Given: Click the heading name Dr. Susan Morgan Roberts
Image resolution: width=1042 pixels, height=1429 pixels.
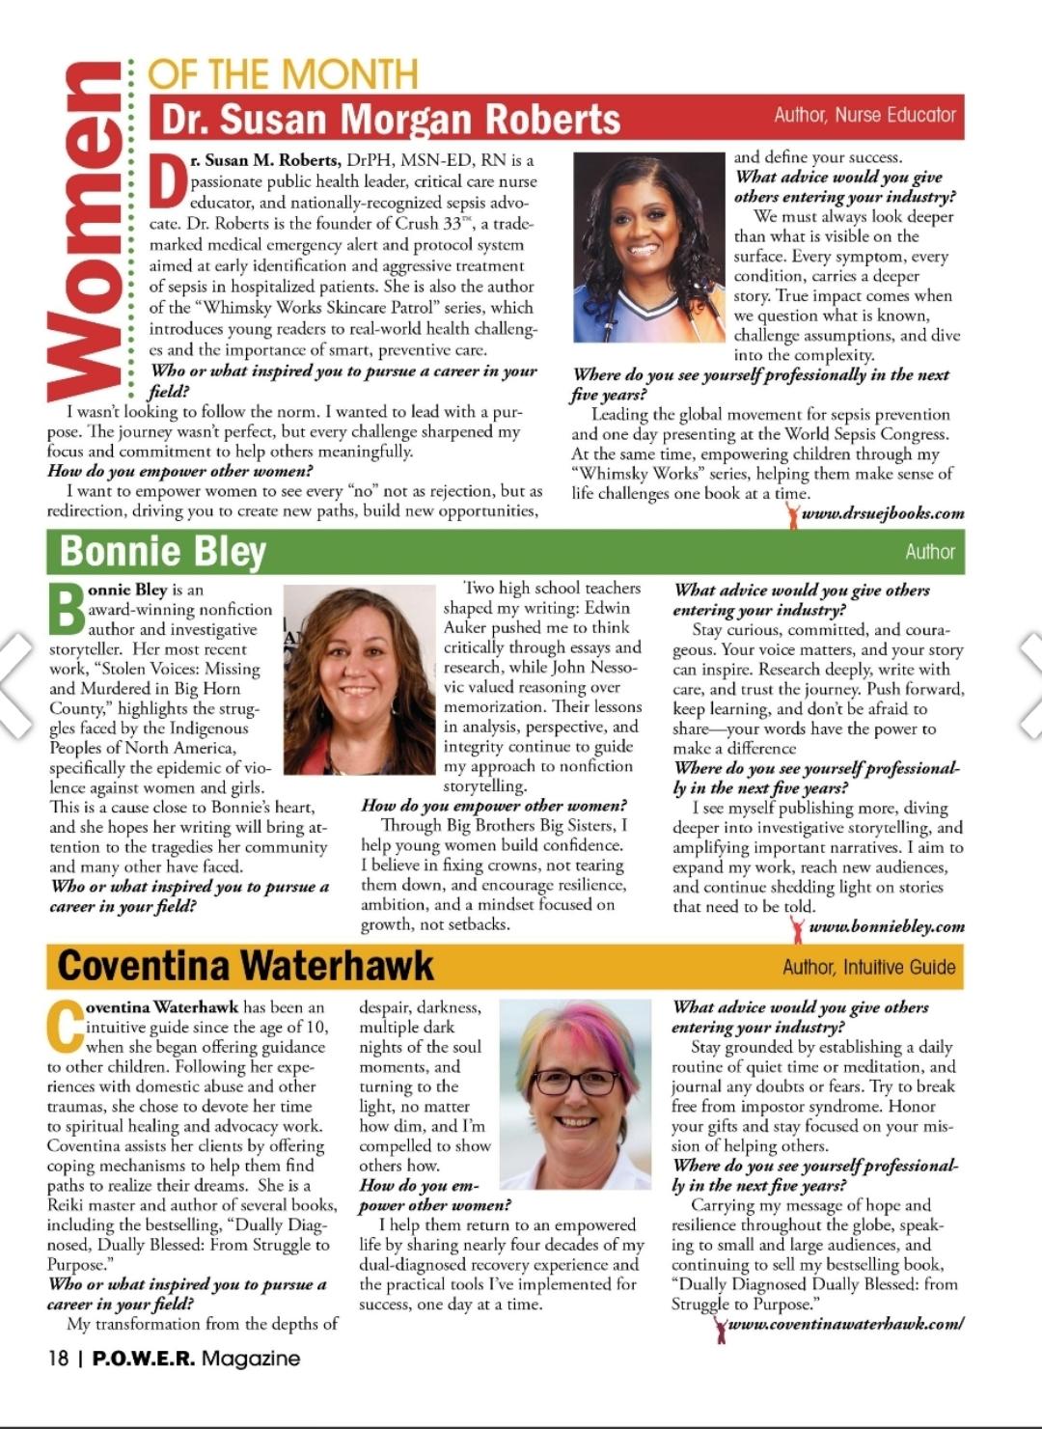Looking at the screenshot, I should click(390, 119).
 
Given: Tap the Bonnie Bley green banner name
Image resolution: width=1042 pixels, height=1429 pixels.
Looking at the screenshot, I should click(162, 551).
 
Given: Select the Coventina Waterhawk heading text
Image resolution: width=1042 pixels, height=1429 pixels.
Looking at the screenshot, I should click(245, 966).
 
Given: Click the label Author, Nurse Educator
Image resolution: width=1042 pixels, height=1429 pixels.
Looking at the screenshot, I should click(864, 115).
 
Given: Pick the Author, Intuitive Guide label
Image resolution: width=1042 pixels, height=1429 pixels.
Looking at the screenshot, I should click(868, 967).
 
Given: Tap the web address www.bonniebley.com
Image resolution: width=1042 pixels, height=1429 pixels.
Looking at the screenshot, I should click(886, 926).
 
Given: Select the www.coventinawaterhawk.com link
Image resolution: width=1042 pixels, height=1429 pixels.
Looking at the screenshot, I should click(845, 1324).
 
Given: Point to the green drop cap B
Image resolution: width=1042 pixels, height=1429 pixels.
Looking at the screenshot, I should click(66, 608).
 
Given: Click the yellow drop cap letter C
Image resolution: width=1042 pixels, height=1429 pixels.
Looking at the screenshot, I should click(65, 1026).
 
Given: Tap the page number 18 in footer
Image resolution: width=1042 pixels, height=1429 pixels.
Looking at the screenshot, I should click(58, 1358).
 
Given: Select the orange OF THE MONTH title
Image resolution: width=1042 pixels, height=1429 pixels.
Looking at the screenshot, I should click(283, 73).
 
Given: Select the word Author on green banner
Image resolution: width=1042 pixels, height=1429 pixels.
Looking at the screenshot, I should click(929, 552).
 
